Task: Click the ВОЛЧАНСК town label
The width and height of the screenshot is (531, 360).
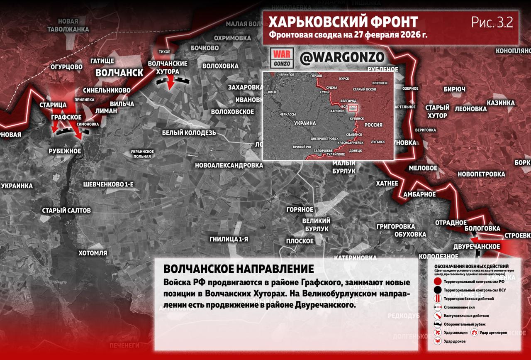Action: tap(119, 73)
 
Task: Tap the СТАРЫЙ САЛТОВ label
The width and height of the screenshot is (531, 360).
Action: tap(66, 211)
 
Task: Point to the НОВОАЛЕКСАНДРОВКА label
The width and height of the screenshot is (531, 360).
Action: tap(229, 165)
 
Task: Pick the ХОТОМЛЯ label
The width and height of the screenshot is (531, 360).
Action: tap(93, 253)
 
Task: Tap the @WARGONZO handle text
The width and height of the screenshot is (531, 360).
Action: tap(342, 58)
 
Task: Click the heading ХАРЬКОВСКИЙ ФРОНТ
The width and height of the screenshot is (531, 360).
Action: tap(343, 22)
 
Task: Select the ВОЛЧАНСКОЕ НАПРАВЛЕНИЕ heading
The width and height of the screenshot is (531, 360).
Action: tap(239, 268)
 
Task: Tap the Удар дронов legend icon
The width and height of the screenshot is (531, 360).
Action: tap(437, 341)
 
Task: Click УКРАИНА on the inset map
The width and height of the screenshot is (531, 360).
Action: tap(305, 123)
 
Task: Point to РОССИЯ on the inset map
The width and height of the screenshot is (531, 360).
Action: tap(373, 125)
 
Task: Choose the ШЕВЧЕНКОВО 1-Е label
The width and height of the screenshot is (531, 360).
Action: tap(108, 184)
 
